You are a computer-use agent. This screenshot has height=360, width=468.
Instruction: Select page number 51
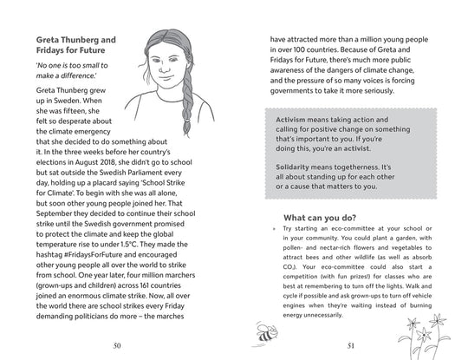pos(349,344)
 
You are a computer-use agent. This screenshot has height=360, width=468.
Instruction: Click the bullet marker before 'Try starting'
pos(271,230)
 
